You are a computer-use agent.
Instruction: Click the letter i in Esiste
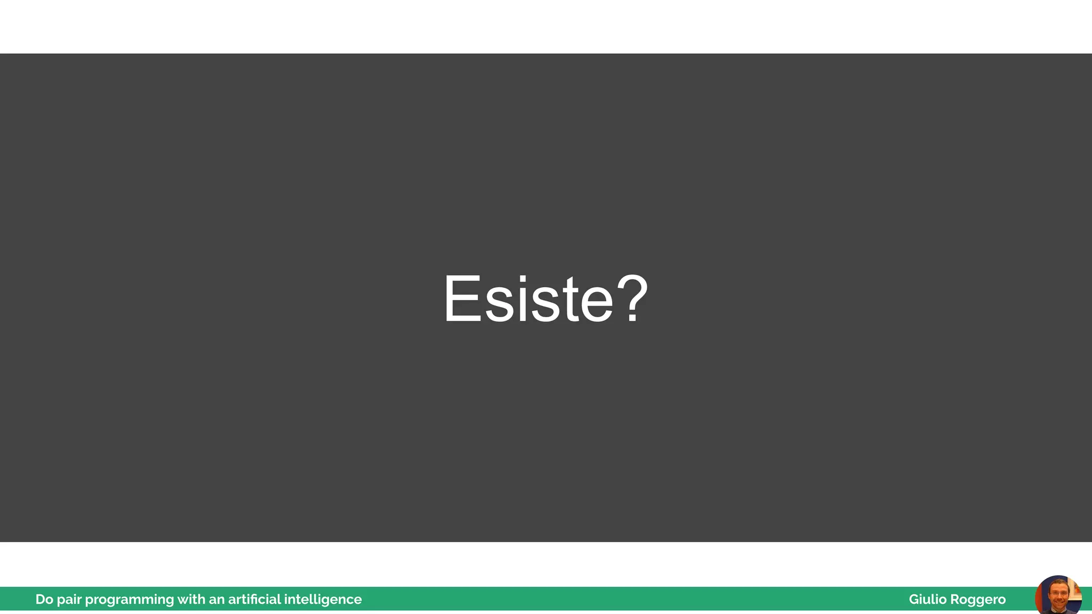pyautogui.click(x=523, y=299)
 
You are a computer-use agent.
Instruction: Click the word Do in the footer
pyautogui.click(x=44, y=600)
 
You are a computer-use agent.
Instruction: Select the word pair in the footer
pyautogui.click(x=69, y=600)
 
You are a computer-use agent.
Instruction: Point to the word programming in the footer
pyautogui.click(x=129, y=600)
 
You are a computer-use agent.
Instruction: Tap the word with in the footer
pyautogui.click(x=191, y=600)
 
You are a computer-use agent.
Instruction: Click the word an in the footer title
pyautogui.click(x=216, y=600)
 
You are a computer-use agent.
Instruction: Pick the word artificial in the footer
pyautogui.click(x=254, y=600)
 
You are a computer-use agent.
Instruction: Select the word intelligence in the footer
pyautogui.click(x=323, y=600)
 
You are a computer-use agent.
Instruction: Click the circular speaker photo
pyautogui.click(x=1058, y=596)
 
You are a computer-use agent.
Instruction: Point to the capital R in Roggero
pyautogui.click(x=954, y=600)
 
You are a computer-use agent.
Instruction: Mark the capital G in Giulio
pyautogui.click(x=913, y=600)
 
